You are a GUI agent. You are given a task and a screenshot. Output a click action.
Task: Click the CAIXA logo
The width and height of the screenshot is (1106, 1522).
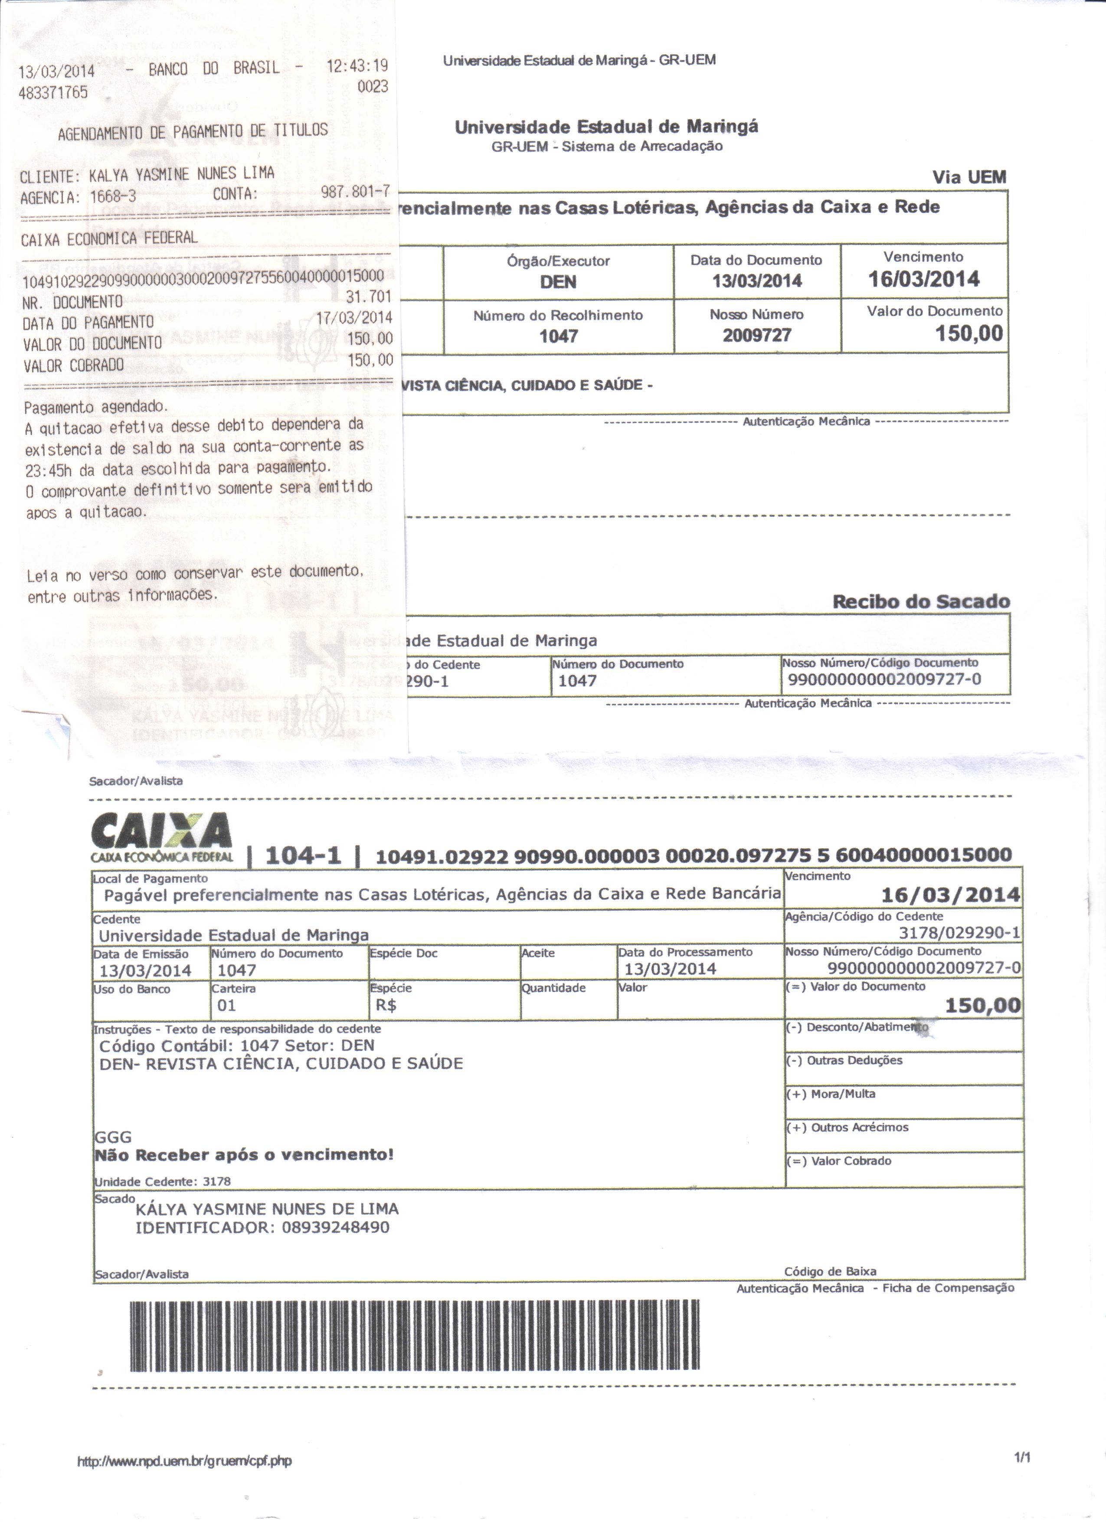click(x=162, y=836)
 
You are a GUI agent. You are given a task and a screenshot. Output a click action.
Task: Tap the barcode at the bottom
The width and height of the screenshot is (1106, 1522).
click(x=414, y=1336)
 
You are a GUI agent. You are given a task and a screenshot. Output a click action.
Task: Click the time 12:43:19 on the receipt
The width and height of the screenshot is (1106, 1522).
click(x=357, y=66)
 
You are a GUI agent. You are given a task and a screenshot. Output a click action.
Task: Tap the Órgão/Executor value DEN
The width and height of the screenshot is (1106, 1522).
click(x=558, y=282)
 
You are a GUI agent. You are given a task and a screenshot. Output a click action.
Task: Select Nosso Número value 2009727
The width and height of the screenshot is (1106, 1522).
click(x=756, y=335)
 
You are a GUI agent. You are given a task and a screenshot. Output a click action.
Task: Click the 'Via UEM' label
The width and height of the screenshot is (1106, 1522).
click(x=969, y=177)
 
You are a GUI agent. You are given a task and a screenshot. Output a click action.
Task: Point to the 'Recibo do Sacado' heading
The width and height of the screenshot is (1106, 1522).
click(x=921, y=601)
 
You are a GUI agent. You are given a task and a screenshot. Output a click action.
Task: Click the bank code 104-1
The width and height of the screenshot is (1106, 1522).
click(x=303, y=856)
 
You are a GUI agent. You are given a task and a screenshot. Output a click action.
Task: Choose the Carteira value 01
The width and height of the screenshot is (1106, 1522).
click(x=227, y=1005)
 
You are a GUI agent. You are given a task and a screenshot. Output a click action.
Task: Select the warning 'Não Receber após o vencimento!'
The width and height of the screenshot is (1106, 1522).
click(x=244, y=1155)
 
